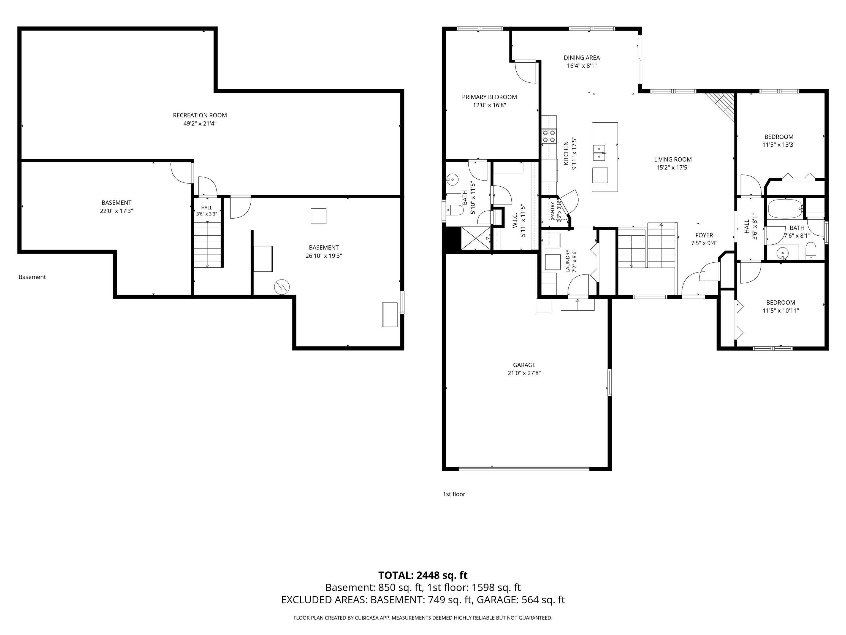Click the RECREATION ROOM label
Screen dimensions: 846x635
click(200, 115)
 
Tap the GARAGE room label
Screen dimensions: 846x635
click(524, 365)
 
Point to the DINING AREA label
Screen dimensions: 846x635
click(581, 58)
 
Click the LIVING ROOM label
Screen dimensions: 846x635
click(673, 160)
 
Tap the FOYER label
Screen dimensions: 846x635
click(704, 235)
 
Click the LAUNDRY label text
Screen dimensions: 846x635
click(568, 261)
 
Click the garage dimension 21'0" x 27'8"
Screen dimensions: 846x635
click(524, 373)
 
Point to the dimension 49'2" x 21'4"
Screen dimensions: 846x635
click(200, 124)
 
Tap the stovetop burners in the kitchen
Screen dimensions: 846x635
click(549, 136)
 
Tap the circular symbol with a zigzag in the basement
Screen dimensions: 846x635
click(282, 287)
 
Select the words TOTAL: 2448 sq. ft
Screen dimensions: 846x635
click(423, 575)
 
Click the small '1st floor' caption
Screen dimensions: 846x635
click(454, 494)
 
